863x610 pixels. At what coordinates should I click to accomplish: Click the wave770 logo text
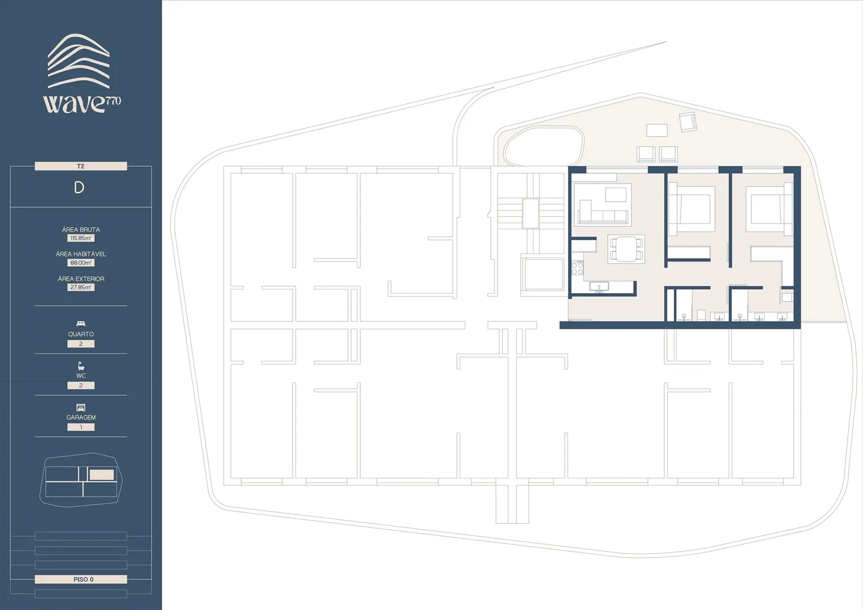[82, 103]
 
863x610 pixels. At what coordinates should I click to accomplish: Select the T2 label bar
[81, 166]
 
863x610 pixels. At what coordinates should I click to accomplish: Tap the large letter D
[79, 188]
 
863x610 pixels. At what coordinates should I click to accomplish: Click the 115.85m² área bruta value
[81, 238]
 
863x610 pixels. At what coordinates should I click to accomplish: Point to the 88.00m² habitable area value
[81, 263]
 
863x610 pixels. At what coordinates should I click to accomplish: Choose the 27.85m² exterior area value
[81, 287]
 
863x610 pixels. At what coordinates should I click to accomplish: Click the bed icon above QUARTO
[81, 323]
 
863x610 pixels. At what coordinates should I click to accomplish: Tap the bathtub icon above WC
[81, 365]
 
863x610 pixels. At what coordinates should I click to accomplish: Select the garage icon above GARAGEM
[81, 407]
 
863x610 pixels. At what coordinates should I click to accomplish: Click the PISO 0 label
[84, 579]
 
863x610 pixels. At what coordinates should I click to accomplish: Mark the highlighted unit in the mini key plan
[102, 474]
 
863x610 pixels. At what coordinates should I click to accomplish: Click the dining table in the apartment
[626, 249]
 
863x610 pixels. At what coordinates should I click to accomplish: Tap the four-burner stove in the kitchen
[578, 267]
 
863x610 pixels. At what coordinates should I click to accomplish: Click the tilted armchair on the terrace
[688, 122]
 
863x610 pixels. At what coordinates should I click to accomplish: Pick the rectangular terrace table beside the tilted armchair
[657, 130]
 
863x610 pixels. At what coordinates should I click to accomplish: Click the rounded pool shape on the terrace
[544, 146]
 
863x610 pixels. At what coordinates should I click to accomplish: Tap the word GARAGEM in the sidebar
[81, 417]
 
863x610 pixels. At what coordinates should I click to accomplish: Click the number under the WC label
[81, 385]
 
